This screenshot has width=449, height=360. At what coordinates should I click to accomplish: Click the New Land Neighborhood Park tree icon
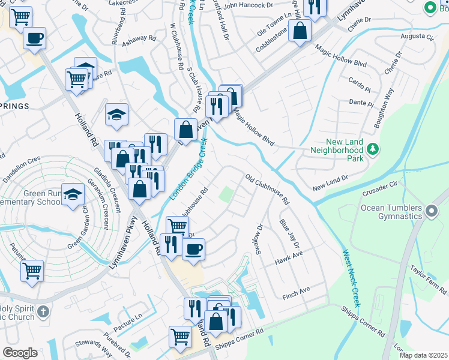[x=373, y=148]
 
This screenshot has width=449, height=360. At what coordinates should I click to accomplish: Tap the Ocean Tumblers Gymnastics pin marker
[x=431, y=211]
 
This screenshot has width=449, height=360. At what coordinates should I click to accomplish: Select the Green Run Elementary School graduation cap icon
[x=73, y=195]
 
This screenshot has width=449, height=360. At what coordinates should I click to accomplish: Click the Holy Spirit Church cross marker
[x=42, y=311]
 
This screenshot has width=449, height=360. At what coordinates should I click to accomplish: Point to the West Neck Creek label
[x=351, y=278]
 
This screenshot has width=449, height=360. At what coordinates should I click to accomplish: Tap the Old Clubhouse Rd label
[x=268, y=189]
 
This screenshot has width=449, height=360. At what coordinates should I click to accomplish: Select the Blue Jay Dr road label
[x=289, y=235]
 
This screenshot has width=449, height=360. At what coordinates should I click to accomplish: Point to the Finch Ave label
[x=297, y=290]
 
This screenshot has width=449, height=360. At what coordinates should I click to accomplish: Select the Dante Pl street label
[x=361, y=103]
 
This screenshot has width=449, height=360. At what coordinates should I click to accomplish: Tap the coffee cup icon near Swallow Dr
[x=193, y=249]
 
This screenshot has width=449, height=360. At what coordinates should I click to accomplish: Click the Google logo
[x=20, y=353]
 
